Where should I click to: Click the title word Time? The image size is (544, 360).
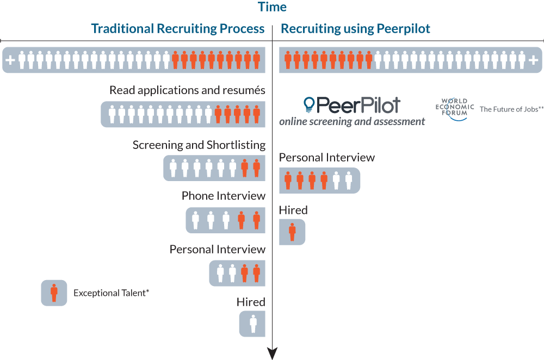(272, 7)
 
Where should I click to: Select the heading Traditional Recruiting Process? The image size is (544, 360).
(178, 28)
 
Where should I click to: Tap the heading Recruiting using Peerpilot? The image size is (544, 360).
(355, 29)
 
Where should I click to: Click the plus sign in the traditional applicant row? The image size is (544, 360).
(10, 60)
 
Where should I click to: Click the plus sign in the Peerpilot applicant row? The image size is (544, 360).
(533, 60)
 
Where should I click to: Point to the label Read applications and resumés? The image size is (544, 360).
(187, 90)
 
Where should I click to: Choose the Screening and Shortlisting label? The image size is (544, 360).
(199, 145)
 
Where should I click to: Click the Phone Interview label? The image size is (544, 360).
(224, 196)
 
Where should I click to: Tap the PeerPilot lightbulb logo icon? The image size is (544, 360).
(309, 104)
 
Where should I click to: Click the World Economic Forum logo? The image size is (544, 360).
(454, 109)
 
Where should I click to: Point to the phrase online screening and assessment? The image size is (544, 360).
(352, 121)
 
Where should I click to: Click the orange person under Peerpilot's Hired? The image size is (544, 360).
(293, 232)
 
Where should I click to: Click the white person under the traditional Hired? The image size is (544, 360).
(254, 324)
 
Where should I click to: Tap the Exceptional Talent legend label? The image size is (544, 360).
(111, 293)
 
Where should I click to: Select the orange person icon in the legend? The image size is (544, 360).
(54, 293)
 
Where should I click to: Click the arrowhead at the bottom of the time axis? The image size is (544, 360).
(273, 353)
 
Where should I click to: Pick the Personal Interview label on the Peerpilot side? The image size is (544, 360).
(327, 158)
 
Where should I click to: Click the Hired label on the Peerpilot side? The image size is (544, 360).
(293, 210)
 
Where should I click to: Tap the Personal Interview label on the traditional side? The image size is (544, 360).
(217, 250)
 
